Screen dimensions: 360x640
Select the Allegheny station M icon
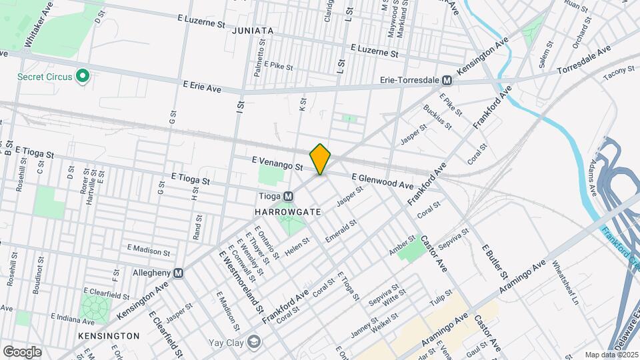[178, 273]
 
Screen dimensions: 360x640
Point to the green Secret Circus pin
[83, 77]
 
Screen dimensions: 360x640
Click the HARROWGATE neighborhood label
[288, 211]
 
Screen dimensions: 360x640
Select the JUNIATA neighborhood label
[253, 31]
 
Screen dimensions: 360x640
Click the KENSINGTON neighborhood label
[109, 335]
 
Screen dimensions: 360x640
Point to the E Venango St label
[277, 161]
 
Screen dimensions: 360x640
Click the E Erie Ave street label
[202, 86]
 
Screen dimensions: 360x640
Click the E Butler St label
[495, 261]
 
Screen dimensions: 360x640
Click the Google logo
[22, 352]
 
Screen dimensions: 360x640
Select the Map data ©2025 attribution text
[611, 355]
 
